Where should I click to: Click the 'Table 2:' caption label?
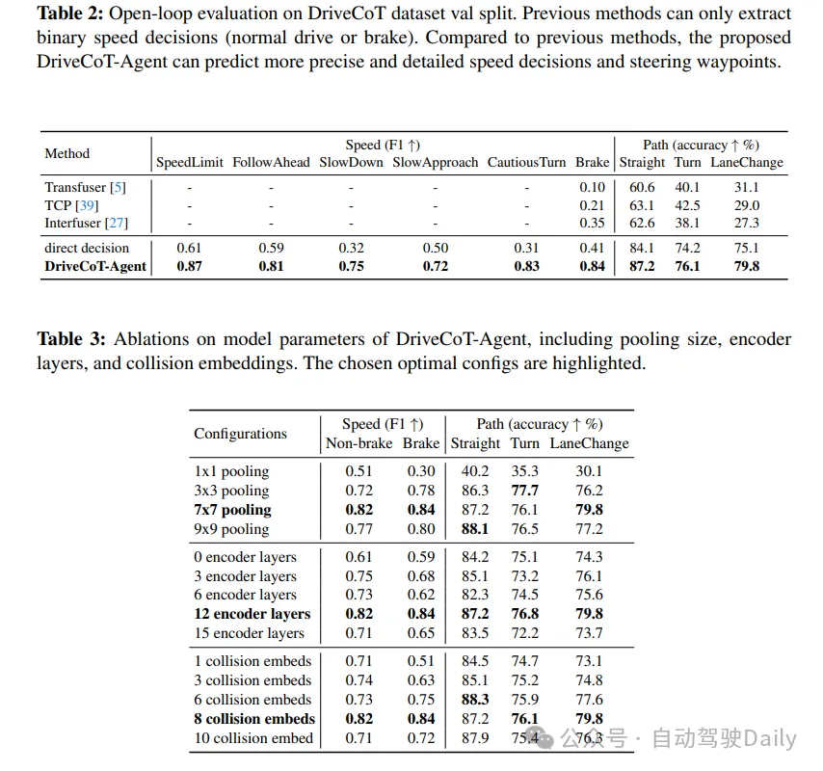pos(70,14)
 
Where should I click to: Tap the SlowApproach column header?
pos(435,162)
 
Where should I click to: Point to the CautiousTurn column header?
pos(526,162)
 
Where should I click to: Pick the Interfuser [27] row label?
pos(86,223)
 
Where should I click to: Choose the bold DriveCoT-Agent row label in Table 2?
pos(95,266)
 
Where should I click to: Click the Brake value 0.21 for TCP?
pos(592,205)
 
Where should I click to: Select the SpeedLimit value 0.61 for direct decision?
pos(190,248)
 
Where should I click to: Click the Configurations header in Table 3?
pos(240,434)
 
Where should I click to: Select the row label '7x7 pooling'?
pos(232,510)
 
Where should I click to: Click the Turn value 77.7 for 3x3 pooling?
pos(524,491)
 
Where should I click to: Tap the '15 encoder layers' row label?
pos(249,633)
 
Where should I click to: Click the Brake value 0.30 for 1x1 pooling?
pos(420,471)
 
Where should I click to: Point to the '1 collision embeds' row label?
pos(252,661)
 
